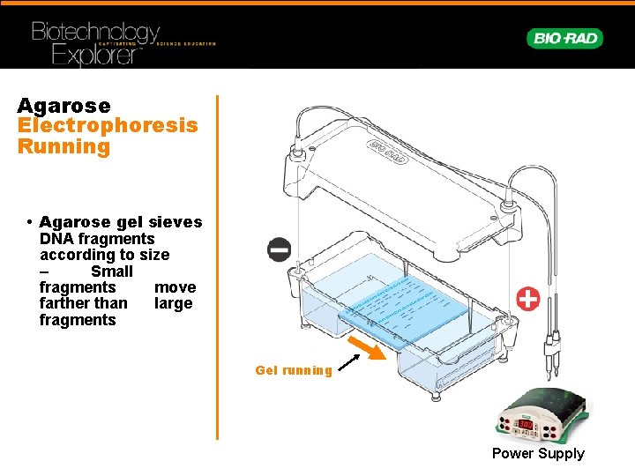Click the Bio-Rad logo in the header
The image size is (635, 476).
point(564,39)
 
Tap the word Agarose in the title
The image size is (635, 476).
point(63,106)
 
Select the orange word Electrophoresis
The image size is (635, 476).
point(108,126)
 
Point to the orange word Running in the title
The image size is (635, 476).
point(63,146)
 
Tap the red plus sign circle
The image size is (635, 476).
point(527,299)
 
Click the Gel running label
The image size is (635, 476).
point(294,370)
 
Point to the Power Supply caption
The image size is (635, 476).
point(538,454)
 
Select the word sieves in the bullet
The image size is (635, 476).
point(174,223)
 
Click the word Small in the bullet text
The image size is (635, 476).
point(112,271)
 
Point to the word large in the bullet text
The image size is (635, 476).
point(173,304)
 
